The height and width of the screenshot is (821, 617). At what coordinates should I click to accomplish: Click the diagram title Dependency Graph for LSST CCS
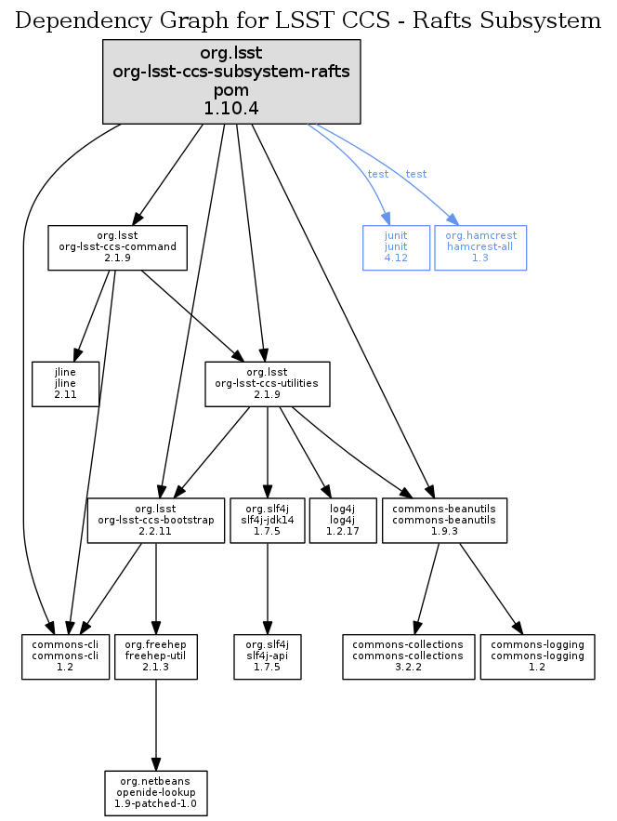click(308, 20)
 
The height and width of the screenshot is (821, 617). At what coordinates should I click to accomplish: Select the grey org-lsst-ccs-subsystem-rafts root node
click(230, 83)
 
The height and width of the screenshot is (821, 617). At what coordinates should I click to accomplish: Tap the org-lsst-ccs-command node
click(118, 247)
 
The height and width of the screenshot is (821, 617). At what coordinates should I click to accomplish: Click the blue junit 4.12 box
click(396, 247)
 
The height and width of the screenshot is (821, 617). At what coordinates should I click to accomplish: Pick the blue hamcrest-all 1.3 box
click(480, 247)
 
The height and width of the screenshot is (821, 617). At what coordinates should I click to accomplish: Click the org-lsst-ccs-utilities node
click(267, 384)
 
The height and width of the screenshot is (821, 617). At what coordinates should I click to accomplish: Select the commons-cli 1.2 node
click(65, 656)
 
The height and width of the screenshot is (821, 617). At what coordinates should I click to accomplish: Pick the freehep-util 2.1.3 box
click(156, 656)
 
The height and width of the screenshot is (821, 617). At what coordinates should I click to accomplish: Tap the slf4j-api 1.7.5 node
click(268, 656)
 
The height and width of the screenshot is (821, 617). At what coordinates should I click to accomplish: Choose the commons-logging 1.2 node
click(537, 656)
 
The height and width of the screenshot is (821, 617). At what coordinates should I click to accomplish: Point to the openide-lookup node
click(156, 792)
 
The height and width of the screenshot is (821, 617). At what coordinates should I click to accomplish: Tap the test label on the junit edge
click(378, 175)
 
